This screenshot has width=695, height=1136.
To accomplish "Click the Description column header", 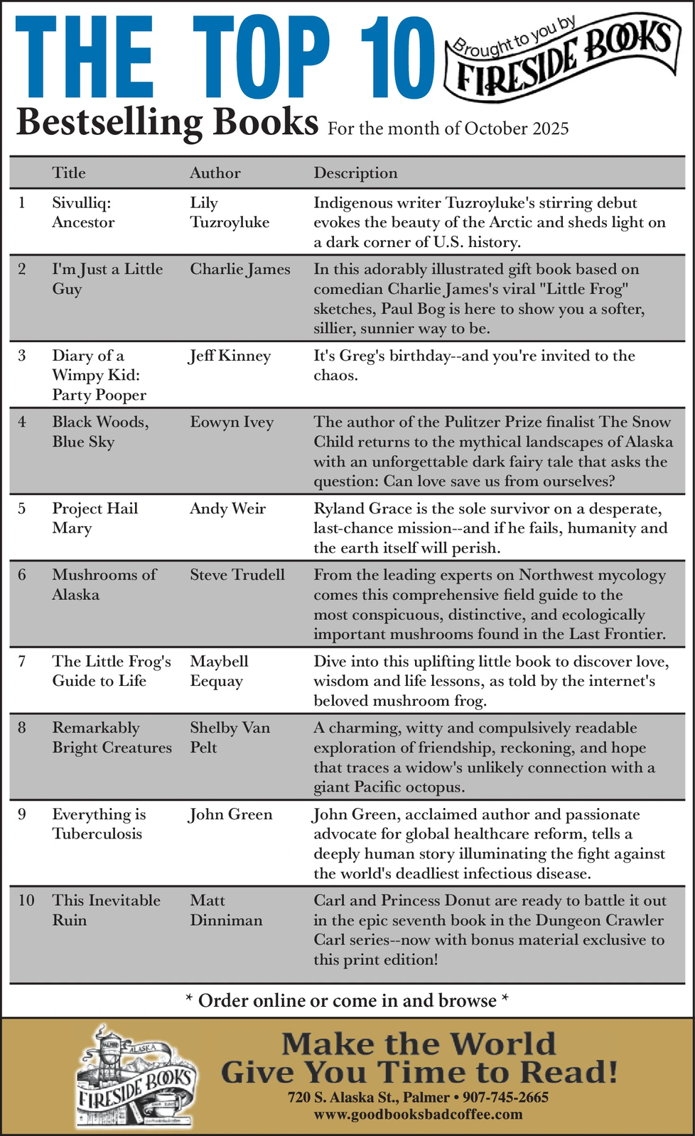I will (355, 173).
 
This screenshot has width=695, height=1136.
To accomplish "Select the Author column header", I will (215, 173).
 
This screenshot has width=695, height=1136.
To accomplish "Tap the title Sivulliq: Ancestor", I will (83, 213).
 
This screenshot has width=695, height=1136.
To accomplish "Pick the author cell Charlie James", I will (239, 270).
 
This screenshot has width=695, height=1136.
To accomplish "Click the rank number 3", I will (22, 356).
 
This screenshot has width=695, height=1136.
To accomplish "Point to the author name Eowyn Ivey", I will (231, 422).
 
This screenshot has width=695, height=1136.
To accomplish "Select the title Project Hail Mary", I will (95, 518).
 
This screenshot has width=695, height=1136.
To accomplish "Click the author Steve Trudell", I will (237, 575).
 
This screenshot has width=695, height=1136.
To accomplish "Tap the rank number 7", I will (22, 662).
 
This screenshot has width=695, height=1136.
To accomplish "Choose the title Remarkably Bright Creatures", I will (112, 738).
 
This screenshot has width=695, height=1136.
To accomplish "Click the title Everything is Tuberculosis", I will (99, 824).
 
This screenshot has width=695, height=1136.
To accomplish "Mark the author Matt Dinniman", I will (225, 910).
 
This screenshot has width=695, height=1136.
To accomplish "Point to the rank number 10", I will (26, 901).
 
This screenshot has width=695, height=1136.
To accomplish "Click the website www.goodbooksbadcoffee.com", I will (418, 1115).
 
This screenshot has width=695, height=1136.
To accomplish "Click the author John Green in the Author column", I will (230, 815).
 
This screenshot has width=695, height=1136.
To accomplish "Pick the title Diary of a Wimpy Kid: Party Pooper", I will (99, 375).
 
